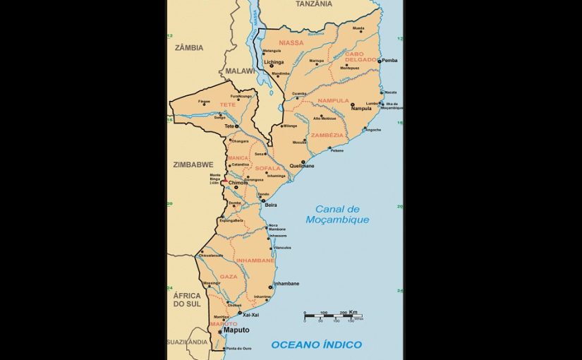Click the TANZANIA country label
tap(314, 4)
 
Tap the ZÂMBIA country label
tap(189, 48)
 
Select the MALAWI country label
tap(241, 71)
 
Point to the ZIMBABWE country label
tap(193, 164)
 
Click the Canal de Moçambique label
tap(337, 215)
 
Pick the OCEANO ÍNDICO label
tap(317, 344)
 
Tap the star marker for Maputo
tap(219, 330)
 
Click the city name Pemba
tap(389, 61)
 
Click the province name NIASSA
tap(291, 43)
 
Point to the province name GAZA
tap(229, 277)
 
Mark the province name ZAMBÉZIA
tap(327, 135)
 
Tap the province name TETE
tap(228, 104)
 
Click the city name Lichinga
tap(274, 62)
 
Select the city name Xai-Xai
tap(250, 315)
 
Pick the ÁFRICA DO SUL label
tap(187, 299)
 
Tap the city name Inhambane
tap(286, 284)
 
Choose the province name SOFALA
tap(267, 168)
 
